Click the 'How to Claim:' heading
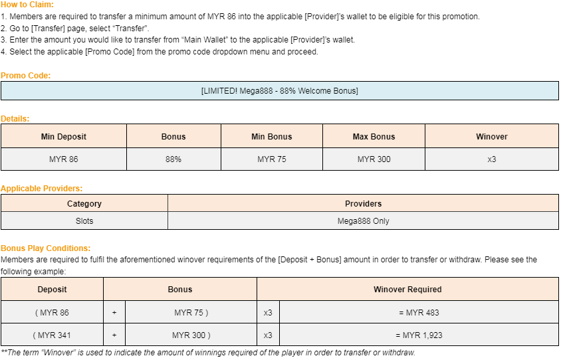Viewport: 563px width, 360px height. pos(27,5)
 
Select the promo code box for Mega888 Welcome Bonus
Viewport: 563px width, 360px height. pos(279,91)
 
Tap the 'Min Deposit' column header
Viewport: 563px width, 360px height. pos(64,137)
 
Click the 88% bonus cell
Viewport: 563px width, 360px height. pos(173,159)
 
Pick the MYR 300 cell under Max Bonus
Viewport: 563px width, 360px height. pos(374,159)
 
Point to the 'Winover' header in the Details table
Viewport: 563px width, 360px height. pos(492,137)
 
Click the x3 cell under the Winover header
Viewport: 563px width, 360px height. pos(492,159)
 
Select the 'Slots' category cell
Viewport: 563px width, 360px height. pos(84,221)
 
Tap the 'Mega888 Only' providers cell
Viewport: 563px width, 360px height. pos(364,221)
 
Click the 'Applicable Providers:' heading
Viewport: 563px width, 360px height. pos(41,189)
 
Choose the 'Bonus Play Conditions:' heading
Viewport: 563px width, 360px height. pos(45,248)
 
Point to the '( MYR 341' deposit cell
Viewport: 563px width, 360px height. pos(52,335)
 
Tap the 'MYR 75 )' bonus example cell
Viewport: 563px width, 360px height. pos(191,313)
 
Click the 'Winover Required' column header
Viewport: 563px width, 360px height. pos(407,290)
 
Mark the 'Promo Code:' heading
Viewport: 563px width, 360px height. pos(25,76)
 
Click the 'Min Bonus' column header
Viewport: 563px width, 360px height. pos(272,137)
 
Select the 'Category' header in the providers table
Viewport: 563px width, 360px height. pos(84,204)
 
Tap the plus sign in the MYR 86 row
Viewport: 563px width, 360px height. pos(114,313)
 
